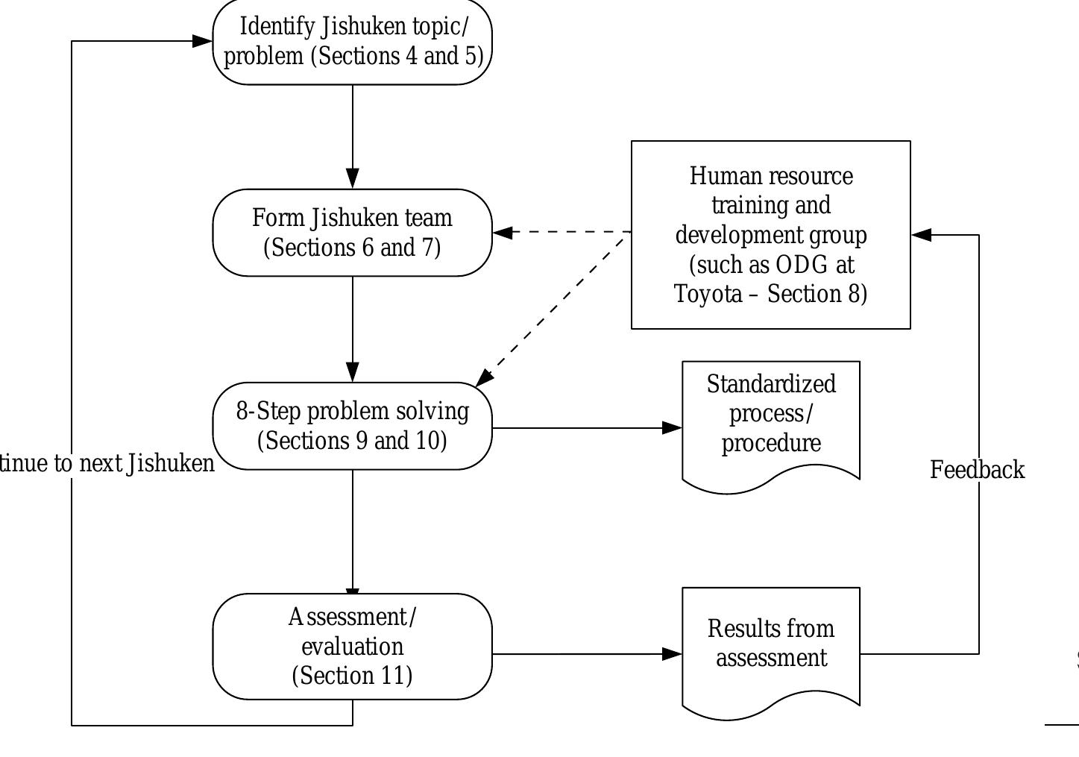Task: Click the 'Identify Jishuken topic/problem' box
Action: click(x=353, y=42)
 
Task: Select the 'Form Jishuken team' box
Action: click(x=353, y=233)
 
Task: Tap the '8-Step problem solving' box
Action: click(x=353, y=426)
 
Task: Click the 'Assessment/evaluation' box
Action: click(x=353, y=646)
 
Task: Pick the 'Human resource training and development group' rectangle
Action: click(x=771, y=234)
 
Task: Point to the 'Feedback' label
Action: click(x=977, y=470)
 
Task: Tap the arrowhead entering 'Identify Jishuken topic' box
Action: click(x=203, y=41)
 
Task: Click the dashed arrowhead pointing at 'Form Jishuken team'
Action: click(x=503, y=232)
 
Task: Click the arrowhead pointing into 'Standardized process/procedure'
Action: click(x=673, y=428)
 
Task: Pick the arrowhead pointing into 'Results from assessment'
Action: click(x=673, y=654)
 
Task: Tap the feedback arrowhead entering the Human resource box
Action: click(x=922, y=235)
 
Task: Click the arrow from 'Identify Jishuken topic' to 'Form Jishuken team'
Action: click(x=353, y=134)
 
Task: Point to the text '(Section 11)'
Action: click(x=353, y=676)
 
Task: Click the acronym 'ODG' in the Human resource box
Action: click(x=802, y=265)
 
